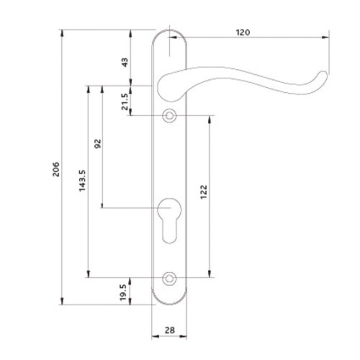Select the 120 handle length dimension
click(x=243, y=32)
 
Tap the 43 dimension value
click(x=125, y=61)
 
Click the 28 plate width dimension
click(x=169, y=329)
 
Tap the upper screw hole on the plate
click(x=169, y=115)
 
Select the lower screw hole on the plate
click(x=169, y=278)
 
